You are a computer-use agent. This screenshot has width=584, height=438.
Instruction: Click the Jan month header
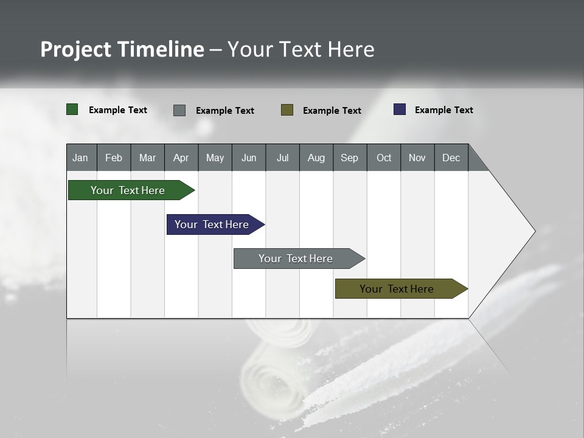pos(81,158)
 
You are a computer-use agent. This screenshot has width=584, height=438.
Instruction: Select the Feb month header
pos(114,158)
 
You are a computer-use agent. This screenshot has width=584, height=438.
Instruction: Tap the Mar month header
pos(147,158)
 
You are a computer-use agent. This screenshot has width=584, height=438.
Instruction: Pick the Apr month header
pos(181,158)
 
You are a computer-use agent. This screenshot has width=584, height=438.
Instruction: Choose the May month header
pos(215,158)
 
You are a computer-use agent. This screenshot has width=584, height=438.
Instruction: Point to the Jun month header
pos(249,158)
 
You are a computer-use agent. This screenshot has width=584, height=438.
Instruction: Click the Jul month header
pos(282,158)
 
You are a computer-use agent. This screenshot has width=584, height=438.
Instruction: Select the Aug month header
pos(316,158)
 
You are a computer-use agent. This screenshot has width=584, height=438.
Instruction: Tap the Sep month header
pos(350,158)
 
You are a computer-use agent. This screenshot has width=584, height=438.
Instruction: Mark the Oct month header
pos(384,158)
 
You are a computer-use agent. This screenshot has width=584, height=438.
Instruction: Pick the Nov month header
pos(417,158)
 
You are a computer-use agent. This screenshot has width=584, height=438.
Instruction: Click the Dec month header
pos(451,158)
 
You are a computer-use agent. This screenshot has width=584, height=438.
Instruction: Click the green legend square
pos(72,109)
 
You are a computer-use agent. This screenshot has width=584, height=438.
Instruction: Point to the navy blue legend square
pos(400,109)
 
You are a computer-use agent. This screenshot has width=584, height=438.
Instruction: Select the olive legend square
pos(287,109)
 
